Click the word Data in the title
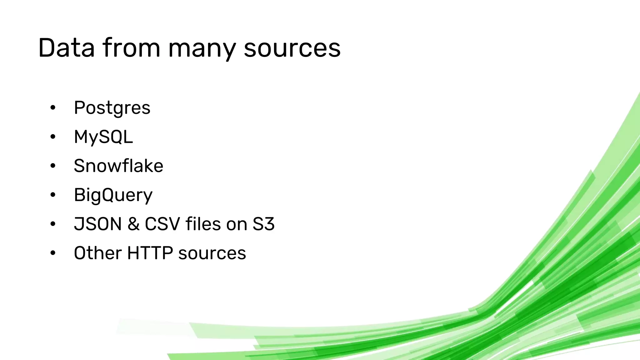[x=66, y=48]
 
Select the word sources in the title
[x=292, y=48]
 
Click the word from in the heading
[x=131, y=48]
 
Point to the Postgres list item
[x=112, y=108]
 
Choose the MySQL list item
[x=103, y=137]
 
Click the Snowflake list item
[x=118, y=166]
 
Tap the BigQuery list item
[x=113, y=195]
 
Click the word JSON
[x=97, y=224]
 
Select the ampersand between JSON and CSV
[x=133, y=224]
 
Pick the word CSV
[x=162, y=224]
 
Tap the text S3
[x=263, y=224]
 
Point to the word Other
[x=97, y=253]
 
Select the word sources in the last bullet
[x=212, y=253]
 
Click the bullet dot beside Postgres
[x=53, y=108]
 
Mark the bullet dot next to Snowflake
[x=53, y=166]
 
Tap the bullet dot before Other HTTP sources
[x=53, y=253]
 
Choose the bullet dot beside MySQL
[x=53, y=137]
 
